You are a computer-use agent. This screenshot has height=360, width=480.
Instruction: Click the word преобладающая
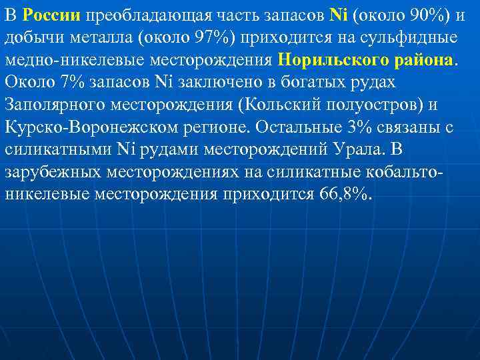138,15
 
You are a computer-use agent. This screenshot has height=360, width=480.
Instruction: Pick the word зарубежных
49,173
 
